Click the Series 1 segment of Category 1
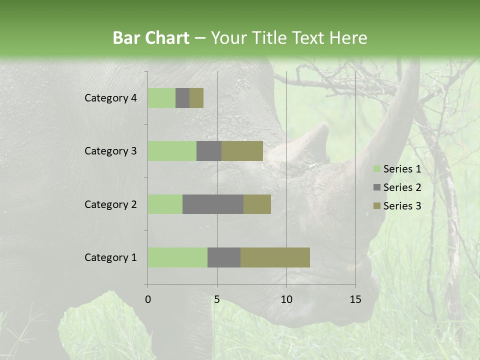pos(177,257)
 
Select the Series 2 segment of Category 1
pos(224,257)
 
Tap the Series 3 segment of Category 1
pos(275,257)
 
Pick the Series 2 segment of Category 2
pos(213,204)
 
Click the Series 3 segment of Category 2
pos(257,204)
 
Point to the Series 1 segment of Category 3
pos(172,151)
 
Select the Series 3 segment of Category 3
pos(242,151)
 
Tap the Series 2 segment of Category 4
pos(182,98)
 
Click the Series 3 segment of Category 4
pos(196,98)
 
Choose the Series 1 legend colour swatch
pos(376,169)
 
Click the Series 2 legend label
pos(402,187)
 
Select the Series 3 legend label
pos(402,206)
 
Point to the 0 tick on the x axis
pos(148,299)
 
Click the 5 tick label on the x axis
pos(217,299)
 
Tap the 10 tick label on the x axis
pos(286,299)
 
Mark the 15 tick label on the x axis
pos(355,299)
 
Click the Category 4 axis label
pos(110,98)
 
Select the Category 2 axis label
pos(110,204)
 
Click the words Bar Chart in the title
pos(151,38)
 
